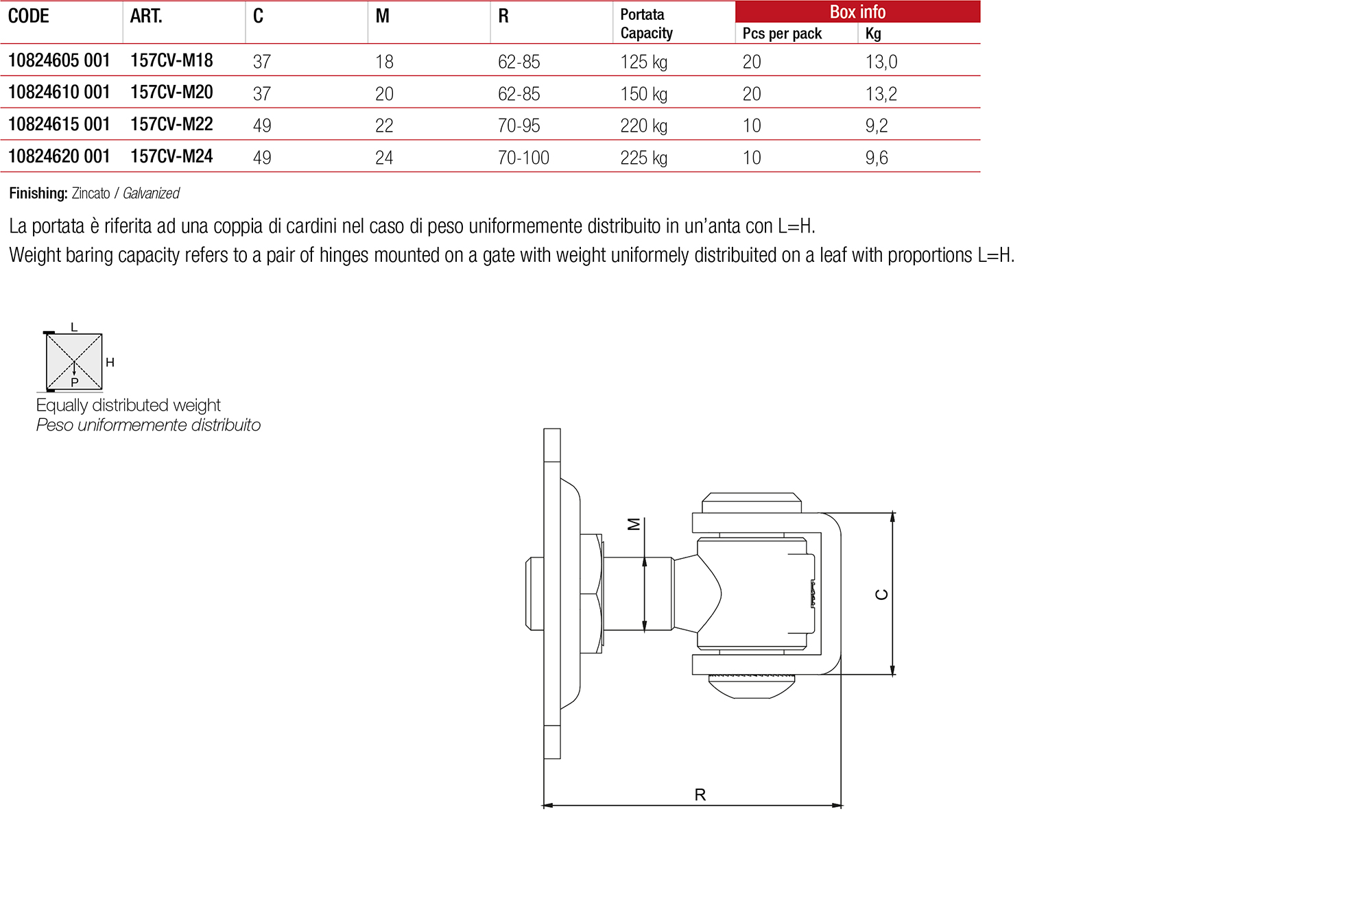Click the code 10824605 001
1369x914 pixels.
(59, 60)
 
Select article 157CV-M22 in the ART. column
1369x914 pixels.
(171, 124)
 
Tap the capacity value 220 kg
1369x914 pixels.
(643, 125)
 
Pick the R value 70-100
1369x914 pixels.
(523, 158)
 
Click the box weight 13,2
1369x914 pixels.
(881, 94)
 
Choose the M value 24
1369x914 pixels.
(384, 158)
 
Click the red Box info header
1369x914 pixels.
(857, 12)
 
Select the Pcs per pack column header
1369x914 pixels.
(782, 34)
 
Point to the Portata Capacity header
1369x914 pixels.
(646, 23)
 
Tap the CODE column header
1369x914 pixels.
(29, 16)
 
